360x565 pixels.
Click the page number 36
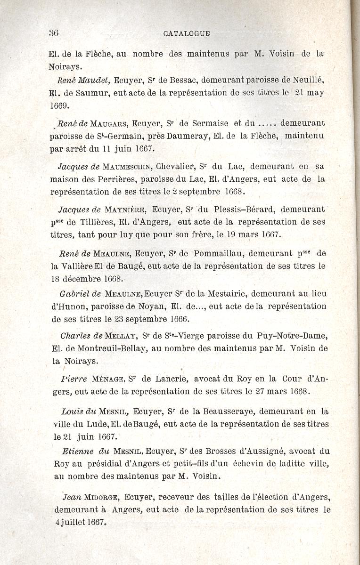tap(53, 33)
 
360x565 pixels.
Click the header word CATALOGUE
tap(187, 33)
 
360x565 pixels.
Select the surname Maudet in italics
tap(97, 80)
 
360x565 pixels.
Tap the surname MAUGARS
tap(109, 124)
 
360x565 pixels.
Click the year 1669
tap(59, 105)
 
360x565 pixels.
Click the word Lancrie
tap(172, 379)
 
